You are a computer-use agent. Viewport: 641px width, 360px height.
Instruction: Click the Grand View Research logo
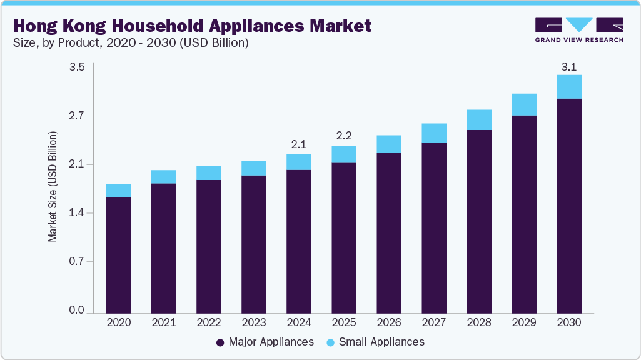[579, 30]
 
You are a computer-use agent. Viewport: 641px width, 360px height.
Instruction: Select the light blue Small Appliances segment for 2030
[569, 87]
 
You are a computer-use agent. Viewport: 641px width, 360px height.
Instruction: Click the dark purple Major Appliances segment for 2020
[118, 255]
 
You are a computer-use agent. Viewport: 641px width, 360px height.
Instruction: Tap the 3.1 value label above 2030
[569, 66]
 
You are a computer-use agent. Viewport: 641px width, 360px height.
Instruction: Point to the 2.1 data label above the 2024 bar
[298, 144]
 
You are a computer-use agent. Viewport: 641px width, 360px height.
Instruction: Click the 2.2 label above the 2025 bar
[344, 136]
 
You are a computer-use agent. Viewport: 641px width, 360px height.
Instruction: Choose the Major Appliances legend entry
[265, 342]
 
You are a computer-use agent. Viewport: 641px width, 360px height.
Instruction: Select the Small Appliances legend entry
[375, 342]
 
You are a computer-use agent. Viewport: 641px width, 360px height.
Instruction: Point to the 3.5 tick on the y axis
[76, 67]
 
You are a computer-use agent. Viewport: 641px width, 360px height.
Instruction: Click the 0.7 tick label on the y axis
[76, 262]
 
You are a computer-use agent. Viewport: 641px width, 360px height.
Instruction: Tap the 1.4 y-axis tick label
[76, 213]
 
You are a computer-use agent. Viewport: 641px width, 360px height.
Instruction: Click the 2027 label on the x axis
[434, 323]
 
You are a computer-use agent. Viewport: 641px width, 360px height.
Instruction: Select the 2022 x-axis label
[208, 323]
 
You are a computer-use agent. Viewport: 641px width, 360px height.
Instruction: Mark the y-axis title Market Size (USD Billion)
[53, 187]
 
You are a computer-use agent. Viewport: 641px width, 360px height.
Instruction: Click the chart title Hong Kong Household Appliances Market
[191, 26]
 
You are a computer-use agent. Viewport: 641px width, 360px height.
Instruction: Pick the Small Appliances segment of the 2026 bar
[389, 144]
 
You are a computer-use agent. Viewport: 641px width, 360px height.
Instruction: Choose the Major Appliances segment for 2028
[479, 221]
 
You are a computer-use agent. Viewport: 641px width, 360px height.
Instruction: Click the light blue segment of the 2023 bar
[253, 168]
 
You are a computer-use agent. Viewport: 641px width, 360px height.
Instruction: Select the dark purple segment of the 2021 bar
[163, 248]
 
